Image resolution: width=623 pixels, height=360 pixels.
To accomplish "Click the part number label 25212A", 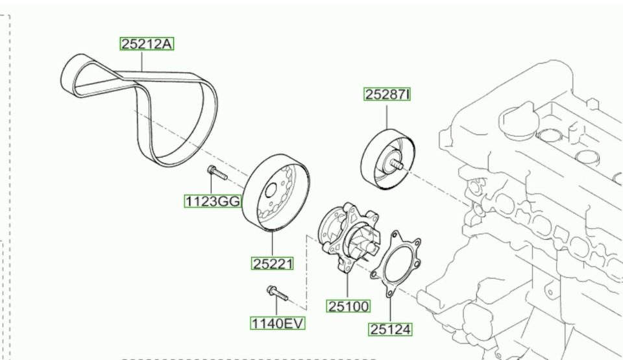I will pyautogui.click(x=147, y=44).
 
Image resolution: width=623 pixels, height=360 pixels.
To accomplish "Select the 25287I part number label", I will pyautogui.click(x=387, y=95).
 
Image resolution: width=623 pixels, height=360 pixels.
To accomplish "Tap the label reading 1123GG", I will pyautogui.click(x=212, y=201).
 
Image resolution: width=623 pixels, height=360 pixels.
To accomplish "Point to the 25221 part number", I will pyautogui.click(x=273, y=263).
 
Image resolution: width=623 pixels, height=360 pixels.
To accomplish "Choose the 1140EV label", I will pyautogui.click(x=277, y=322).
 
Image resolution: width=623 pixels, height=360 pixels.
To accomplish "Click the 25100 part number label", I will pyautogui.click(x=348, y=306).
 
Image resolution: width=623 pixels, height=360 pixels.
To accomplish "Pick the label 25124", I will pyautogui.click(x=391, y=329).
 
